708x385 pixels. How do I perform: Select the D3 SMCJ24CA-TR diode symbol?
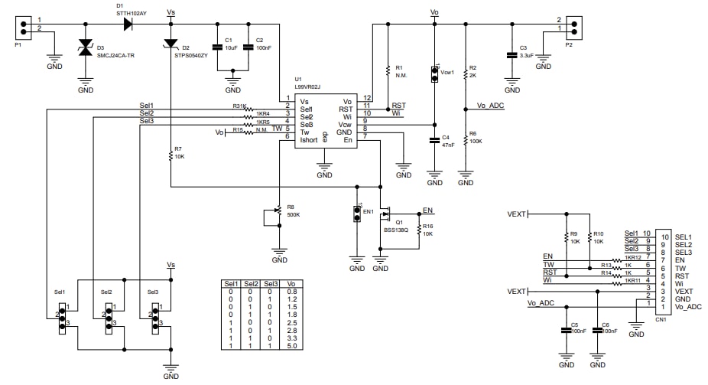pos(86,52)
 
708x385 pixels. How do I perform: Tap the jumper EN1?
pos(356,213)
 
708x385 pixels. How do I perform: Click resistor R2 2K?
pos(465,73)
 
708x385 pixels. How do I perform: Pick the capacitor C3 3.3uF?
pos(512,55)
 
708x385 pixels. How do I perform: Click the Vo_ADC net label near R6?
pos(490,105)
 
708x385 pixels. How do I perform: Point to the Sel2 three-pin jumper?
pos(108,316)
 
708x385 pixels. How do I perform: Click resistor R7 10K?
pos(170,156)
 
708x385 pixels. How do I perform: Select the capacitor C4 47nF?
pos(434,142)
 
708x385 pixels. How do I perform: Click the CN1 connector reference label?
pos(661,320)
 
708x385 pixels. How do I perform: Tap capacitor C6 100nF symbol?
pos(596,332)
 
